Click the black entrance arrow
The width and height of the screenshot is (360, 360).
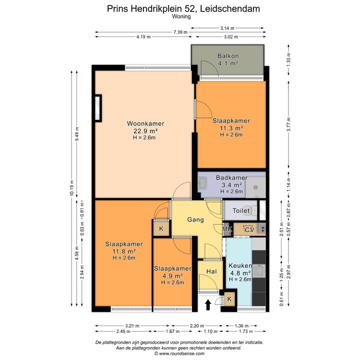[208, 304]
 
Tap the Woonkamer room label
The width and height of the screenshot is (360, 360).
[145, 123]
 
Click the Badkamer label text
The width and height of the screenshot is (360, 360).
[231, 177]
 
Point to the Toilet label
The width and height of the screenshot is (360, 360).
[241, 210]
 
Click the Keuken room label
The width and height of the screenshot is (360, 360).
[240, 265]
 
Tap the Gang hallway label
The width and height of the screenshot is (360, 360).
[195, 219]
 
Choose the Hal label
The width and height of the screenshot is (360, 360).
[211, 271]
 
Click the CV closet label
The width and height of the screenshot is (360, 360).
[249, 229]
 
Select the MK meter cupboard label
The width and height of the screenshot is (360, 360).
[227, 229]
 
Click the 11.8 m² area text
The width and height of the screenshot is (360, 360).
[124, 251]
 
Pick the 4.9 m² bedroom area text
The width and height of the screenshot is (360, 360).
[172, 275]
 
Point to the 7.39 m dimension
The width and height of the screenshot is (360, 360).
[180, 32]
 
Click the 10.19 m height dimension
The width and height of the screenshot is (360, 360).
[71, 188]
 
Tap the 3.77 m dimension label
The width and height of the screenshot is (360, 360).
[288, 124]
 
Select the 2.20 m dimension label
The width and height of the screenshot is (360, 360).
[197, 326]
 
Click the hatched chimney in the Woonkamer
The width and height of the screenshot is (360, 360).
[98, 108]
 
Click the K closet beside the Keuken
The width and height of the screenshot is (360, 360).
[229, 299]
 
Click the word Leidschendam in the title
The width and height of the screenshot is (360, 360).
[230, 8]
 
